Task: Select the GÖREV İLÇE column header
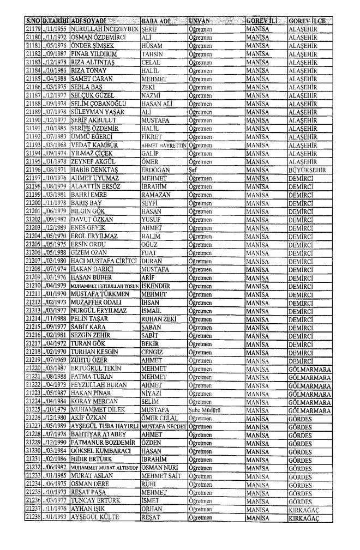point(307,20)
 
